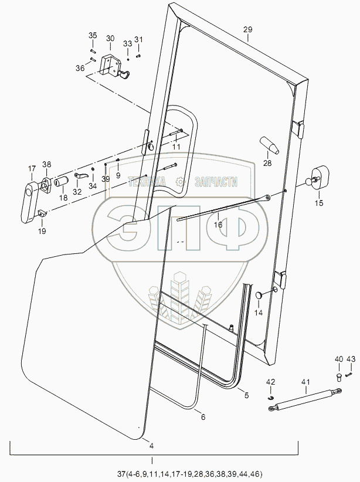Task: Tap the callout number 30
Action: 110,39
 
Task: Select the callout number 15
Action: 319,203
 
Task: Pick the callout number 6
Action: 203,417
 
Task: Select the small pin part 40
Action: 338,376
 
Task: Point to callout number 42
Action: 270,382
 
